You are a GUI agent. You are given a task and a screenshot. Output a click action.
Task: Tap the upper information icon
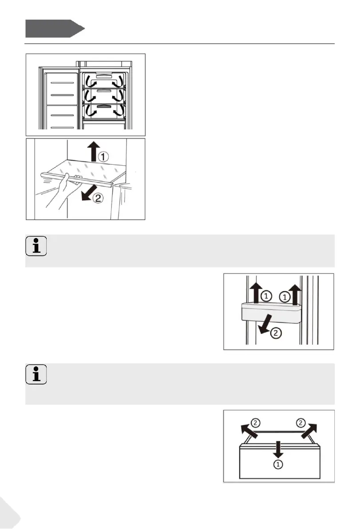tap(36, 247)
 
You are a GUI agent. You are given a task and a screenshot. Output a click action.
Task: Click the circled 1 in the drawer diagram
tap(277, 464)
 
